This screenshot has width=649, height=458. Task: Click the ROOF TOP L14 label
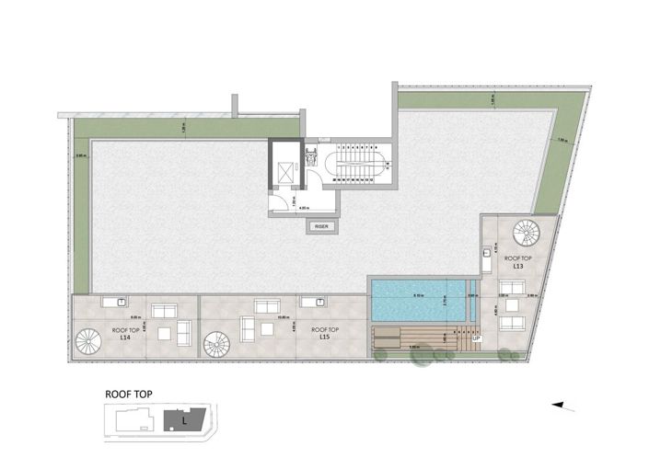click(129, 334)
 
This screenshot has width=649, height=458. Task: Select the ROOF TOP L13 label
click(519, 263)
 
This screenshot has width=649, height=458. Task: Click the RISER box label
click(321, 224)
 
